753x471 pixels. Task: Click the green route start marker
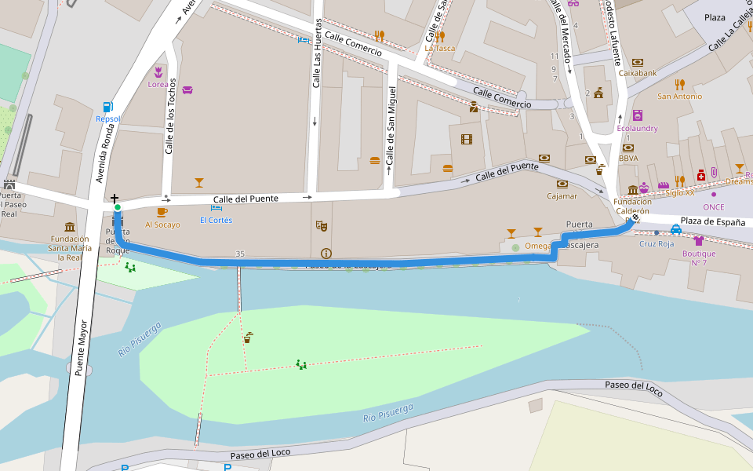[x=118, y=207]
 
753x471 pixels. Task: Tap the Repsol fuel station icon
[x=107, y=106]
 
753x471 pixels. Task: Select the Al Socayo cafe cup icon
[x=162, y=212]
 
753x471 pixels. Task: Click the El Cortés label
[x=216, y=220]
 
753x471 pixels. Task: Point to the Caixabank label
[x=637, y=73]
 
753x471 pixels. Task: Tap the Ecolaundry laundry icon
[x=637, y=115]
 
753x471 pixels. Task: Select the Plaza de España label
[x=712, y=222]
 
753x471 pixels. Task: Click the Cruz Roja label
[x=657, y=243]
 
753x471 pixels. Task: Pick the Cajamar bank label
[x=562, y=195]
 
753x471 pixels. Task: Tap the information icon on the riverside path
[x=326, y=254]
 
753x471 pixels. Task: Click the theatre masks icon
[x=320, y=225]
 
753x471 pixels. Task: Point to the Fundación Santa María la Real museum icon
[x=70, y=227]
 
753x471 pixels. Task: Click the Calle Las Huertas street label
[x=318, y=53]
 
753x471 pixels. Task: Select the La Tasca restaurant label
[x=439, y=48]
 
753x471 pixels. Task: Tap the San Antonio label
[x=679, y=97]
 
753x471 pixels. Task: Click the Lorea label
[x=158, y=84]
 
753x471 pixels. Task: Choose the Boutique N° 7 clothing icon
[x=698, y=240]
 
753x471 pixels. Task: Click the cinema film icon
[x=467, y=140]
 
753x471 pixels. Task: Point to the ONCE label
[x=713, y=206]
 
